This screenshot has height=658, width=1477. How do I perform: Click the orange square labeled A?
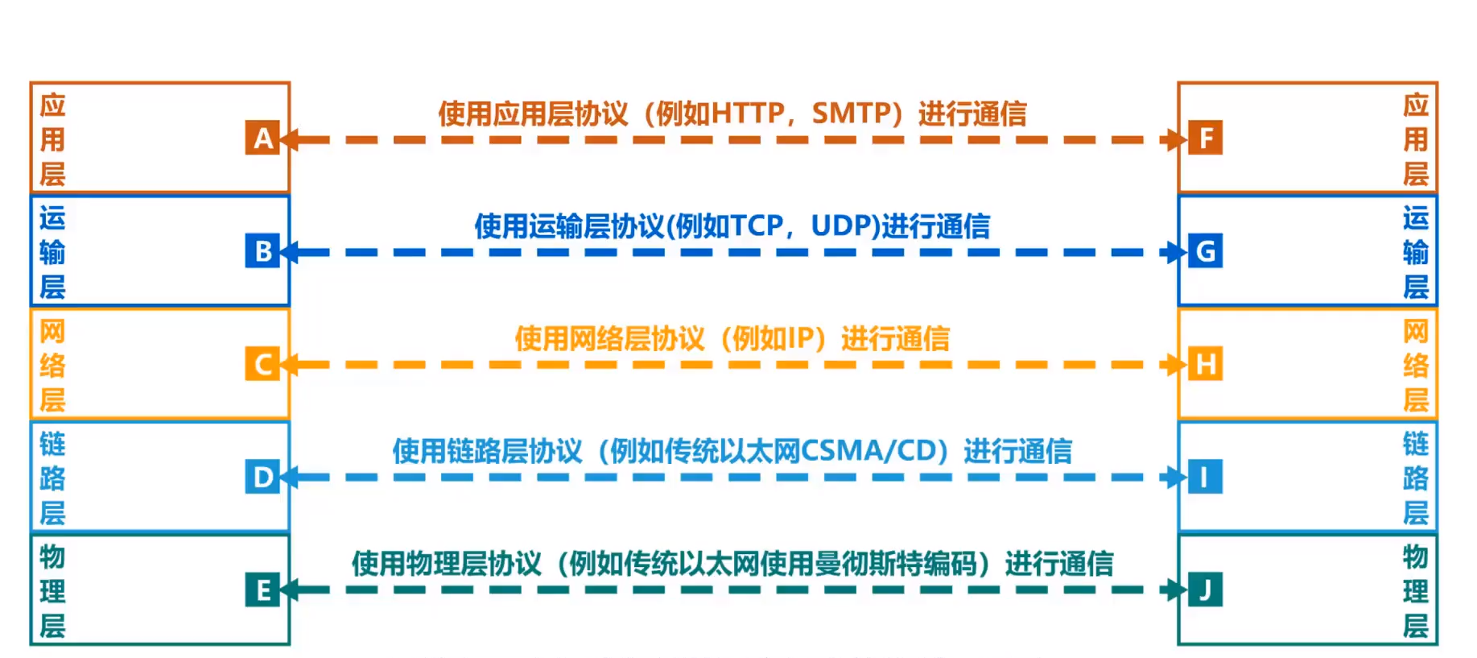point(262,139)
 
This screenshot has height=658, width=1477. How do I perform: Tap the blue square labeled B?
point(262,251)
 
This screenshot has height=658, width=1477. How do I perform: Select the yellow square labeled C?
point(262,364)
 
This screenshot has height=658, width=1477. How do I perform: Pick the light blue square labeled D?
point(262,477)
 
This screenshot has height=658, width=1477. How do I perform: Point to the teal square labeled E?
point(262,590)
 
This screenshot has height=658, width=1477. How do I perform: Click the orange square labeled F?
point(1206,138)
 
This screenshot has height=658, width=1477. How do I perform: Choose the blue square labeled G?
point(1206,250)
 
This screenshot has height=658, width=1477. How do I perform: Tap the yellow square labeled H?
point(1206,363)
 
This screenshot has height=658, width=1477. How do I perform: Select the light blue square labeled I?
point(1206,476)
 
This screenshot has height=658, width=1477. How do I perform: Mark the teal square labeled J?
point(1206,589)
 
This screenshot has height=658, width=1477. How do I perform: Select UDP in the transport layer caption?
point(840,226)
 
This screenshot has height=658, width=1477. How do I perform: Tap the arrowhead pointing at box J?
point(1178,590)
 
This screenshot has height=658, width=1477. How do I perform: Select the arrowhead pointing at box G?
point(1178,252)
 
